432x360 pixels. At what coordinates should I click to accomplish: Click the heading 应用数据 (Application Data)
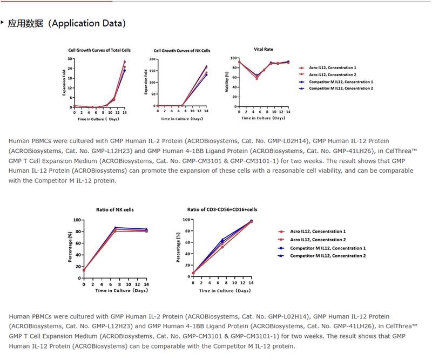coord(67,23)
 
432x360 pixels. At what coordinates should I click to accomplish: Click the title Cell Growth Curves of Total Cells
coord(99,50)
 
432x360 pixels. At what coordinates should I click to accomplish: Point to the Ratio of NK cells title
coord(114,209)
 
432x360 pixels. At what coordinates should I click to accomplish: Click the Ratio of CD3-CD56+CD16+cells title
coord(222,209)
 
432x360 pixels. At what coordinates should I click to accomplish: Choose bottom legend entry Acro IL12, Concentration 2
coord(318,240)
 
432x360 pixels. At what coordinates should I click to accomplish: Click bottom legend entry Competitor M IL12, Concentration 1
coord(328,248)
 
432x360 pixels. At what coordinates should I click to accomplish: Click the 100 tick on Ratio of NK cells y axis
coord(77,220)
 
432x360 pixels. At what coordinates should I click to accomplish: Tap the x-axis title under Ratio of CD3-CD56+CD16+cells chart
coord(225,290)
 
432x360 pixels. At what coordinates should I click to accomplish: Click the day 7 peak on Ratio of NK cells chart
coord(115,229)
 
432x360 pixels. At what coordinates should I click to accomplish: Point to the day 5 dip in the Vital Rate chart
coord(257,77)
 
